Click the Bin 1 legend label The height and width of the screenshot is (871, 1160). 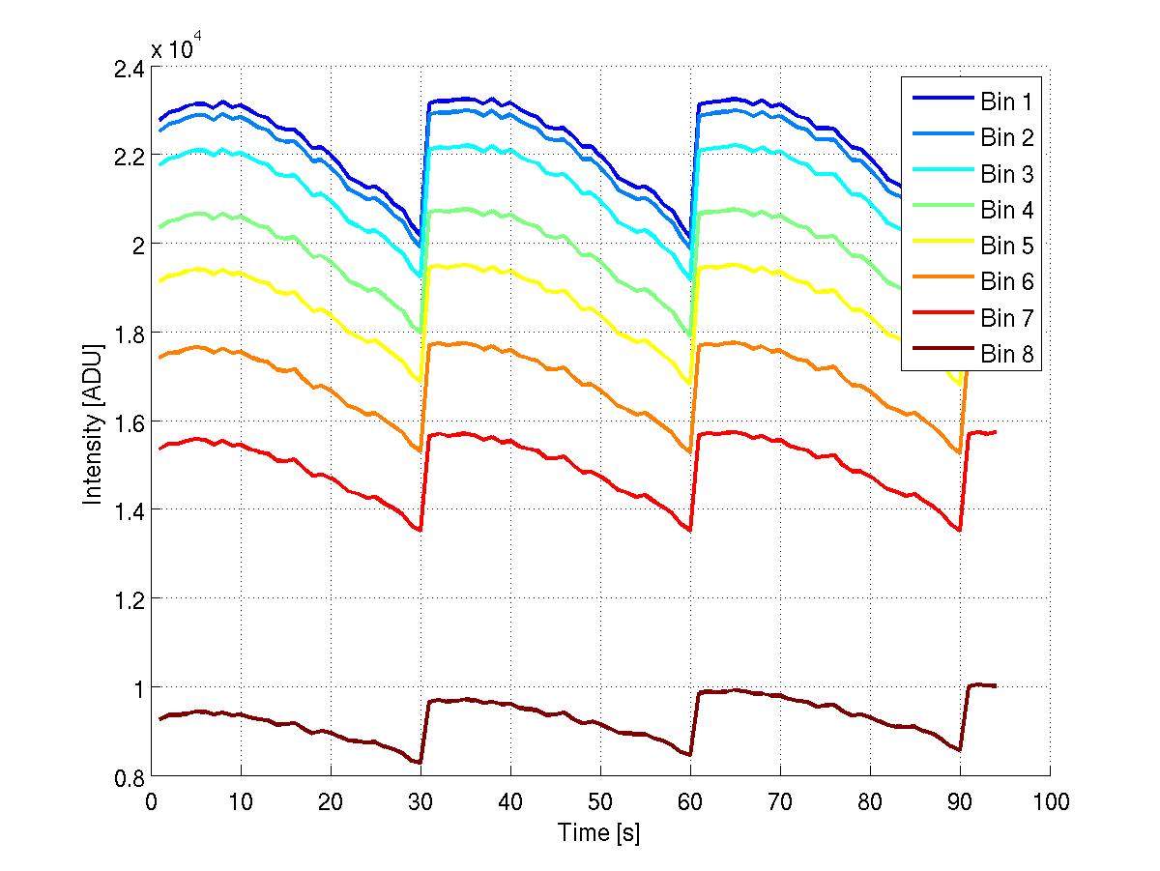(1007, 102)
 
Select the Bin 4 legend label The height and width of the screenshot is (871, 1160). (1007, 210)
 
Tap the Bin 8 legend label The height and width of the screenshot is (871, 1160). (1007, 355)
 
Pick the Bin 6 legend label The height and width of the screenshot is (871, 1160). (1007, 282)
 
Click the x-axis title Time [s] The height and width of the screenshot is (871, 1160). (599, 832)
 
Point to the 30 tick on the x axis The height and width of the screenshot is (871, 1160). (420, 801)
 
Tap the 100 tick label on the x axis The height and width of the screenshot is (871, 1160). (1049, 801)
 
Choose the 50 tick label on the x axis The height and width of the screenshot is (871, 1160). (600, 801)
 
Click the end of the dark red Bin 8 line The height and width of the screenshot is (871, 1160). (996, 685)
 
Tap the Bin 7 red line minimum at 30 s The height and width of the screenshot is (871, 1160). (420, 530)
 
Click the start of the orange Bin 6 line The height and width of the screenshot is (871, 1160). (159, 358)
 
